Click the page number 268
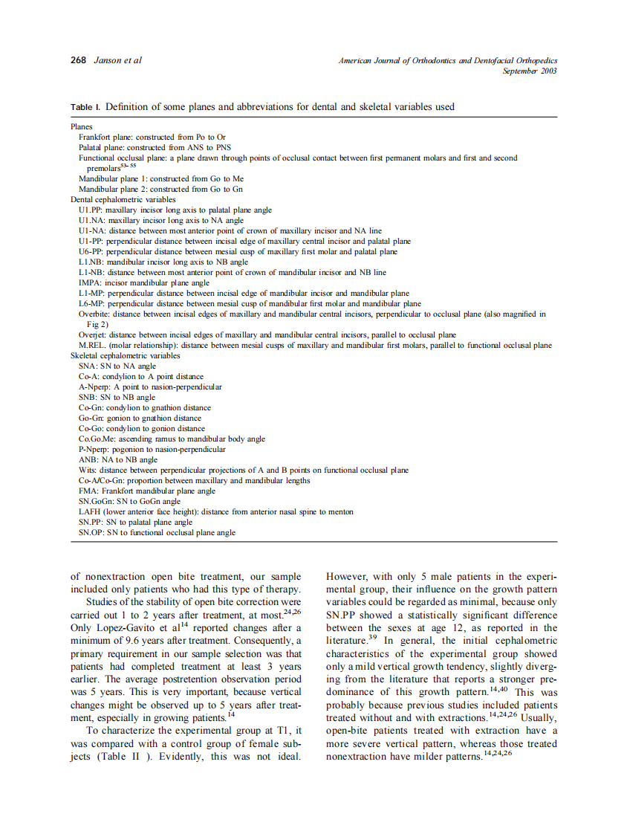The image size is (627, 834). coord(78,60)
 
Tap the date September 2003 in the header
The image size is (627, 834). coord(529,71)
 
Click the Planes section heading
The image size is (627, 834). coord(82,127)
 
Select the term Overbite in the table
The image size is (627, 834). coord(94,314)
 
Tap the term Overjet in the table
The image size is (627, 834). coord(92,335)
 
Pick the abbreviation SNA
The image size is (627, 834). coord(88,366)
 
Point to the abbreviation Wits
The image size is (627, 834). coord(88,471)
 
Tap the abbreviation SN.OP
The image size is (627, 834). coord(91,533)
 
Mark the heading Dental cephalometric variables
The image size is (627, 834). coord(123,200)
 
